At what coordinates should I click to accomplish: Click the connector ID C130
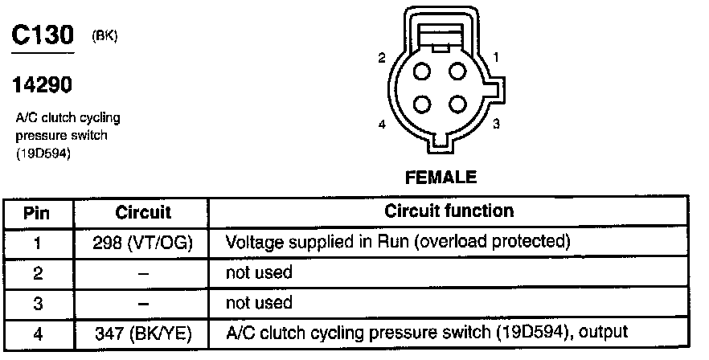coord(43,35)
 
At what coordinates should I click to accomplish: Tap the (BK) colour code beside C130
coord(105,36)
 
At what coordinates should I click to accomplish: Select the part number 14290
coord(38,84)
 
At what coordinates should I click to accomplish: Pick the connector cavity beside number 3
coord(457,105)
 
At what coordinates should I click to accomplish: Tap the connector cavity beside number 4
coord(422,105)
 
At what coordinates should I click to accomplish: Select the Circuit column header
coord(143,213)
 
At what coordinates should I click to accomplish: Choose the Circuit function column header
coord(449,211)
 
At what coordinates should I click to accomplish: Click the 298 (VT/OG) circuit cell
coord(143,242)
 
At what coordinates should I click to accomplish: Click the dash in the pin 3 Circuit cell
coord(143,302)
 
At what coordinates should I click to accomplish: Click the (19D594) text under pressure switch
coord(43,154)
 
